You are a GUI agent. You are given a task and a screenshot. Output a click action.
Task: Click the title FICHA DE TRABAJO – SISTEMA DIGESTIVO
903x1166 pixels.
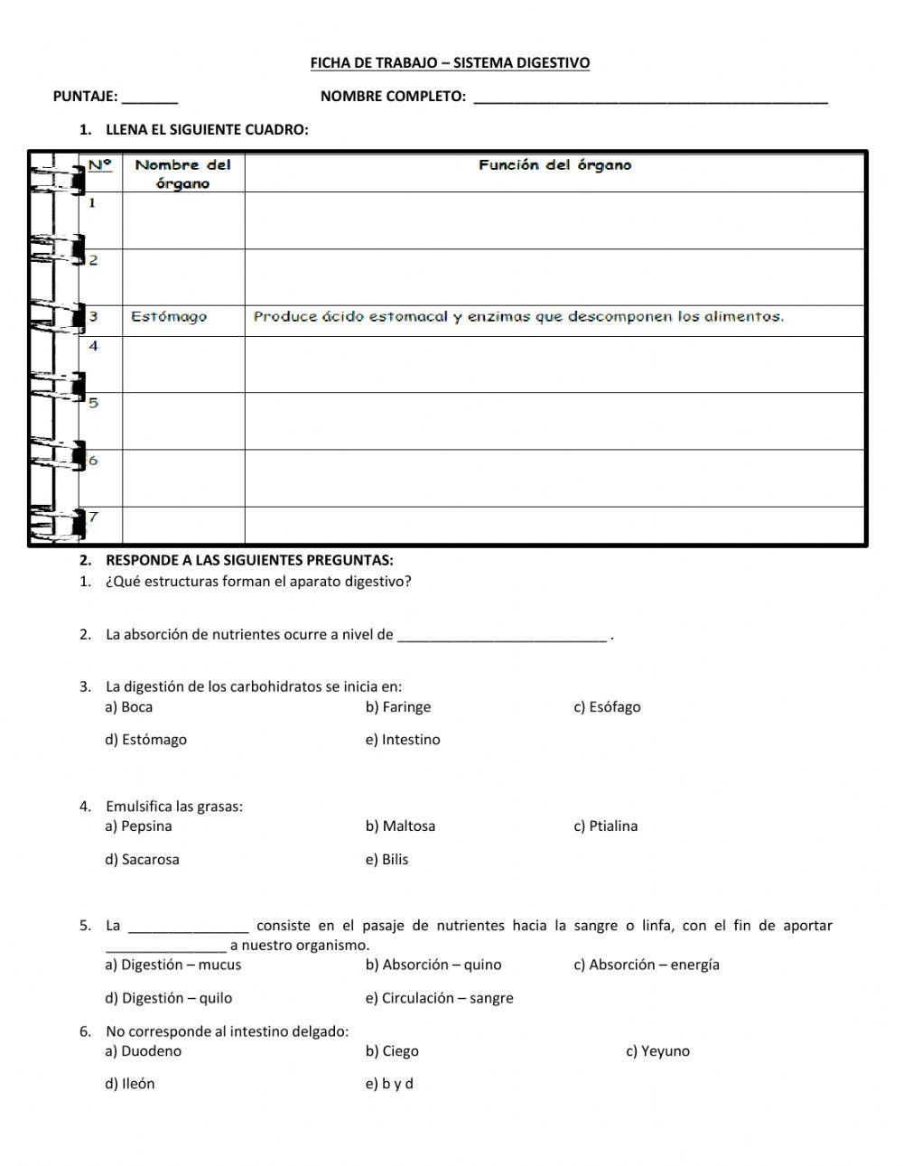[x=450, y=63]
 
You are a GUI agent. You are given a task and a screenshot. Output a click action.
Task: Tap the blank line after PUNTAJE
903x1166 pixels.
[x=150, y=98]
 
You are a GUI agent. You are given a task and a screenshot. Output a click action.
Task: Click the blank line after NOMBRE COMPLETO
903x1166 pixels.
[x=650, y=98]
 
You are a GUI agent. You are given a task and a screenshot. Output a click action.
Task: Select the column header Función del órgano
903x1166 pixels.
[x=554, y=165]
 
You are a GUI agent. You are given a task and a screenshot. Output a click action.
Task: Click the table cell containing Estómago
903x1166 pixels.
[x=169, y=317]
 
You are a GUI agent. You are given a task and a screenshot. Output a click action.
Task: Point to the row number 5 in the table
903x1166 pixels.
[x=93, y=403]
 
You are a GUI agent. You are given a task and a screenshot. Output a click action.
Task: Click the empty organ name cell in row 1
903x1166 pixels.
[x=183, y=220]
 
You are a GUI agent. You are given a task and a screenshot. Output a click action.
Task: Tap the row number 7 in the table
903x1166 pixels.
[x=93, y=518]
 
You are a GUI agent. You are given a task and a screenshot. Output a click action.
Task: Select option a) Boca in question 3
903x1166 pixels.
[x=129, y=707]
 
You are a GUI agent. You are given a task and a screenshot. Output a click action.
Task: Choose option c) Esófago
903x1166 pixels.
[x=607, y=707]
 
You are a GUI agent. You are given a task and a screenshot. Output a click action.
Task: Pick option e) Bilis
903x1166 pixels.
[x=386, y=860]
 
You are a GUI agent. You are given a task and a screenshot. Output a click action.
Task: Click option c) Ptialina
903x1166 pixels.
[x=605, y=826]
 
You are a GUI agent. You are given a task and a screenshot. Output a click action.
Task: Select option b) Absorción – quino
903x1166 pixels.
[x=433, y=965]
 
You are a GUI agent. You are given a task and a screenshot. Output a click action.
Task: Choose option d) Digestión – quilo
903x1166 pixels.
[x=169, y=998]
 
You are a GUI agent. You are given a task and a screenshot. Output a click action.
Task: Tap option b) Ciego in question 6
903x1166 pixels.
[x=392, y=1051]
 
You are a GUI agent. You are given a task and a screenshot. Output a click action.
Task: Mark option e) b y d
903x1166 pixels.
[x=389, y=1084]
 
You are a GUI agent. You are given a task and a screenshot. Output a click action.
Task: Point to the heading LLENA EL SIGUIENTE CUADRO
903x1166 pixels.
[x=207, y=130]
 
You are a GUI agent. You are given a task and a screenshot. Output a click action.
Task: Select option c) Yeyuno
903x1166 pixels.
[x=657, y=1051]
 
